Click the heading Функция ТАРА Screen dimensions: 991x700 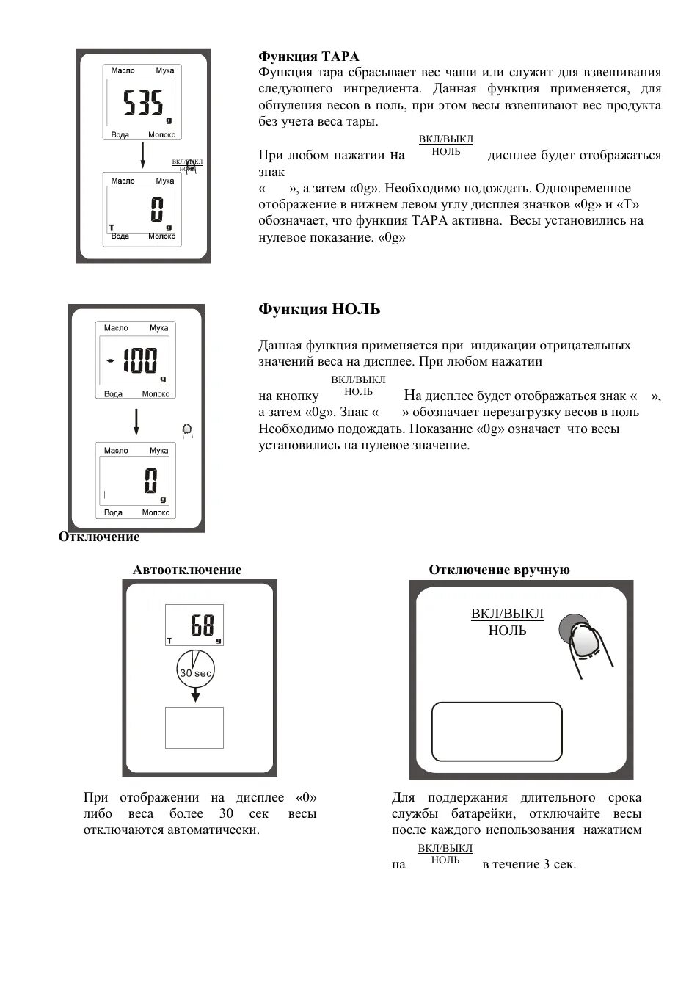[308, 57]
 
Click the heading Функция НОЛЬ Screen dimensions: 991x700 [319, 309]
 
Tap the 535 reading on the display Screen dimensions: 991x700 [143, 104]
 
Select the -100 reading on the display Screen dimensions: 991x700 [134, 360]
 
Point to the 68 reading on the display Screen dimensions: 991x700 [202, 625]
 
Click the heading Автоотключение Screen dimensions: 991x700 [186, 570]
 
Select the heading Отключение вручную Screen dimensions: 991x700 [499, 570]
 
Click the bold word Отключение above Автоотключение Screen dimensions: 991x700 [99, 537]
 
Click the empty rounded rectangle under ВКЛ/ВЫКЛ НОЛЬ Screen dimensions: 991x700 [497, 731]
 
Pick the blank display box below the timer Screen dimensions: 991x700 [194, 727]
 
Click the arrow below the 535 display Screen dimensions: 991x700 [143, 155]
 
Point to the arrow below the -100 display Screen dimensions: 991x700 [136, 423]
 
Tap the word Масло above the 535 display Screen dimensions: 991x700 [123, 70]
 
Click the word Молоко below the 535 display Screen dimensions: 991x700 [161, 135]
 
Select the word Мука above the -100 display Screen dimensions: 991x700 [158, 328]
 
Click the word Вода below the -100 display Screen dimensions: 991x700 [113, 394]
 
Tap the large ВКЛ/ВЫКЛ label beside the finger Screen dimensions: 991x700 [507, 614]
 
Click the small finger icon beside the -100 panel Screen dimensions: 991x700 [187, 431]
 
